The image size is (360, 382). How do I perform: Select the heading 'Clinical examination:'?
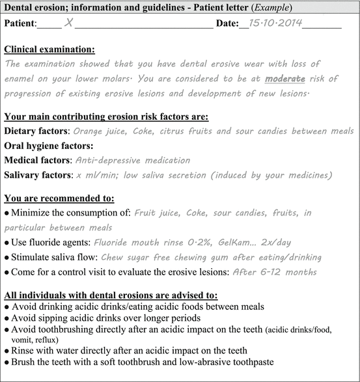click(x=49, y=49)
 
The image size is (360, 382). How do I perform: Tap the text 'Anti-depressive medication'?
click(x=133, y=160)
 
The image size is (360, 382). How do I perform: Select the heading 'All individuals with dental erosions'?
click(x=104, y=295)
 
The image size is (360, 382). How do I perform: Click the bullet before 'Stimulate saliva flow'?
click(x=7, y=257)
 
